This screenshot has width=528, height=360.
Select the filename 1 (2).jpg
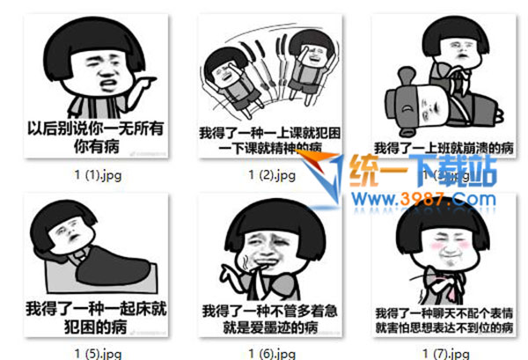pyautogui.click(x=271, y=174)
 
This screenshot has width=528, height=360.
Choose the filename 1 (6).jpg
pyautogui.click(x=271, y=353)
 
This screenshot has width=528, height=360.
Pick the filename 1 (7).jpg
pyautogui.click(x=444, y=353)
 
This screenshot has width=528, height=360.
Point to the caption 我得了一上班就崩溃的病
pyautogui.click(x=444, y=147)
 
